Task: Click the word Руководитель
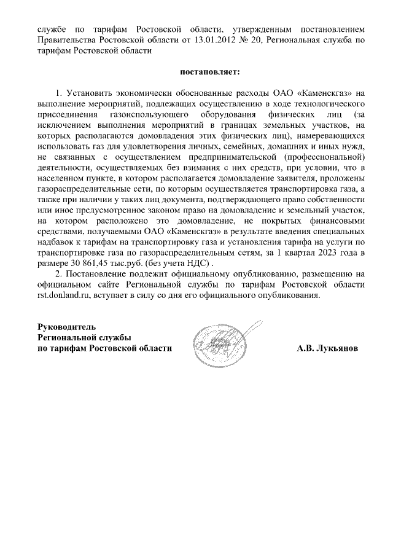[x=66, y=326]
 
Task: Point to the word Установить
[x=90, y=93]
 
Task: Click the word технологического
[x=327, y=103]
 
